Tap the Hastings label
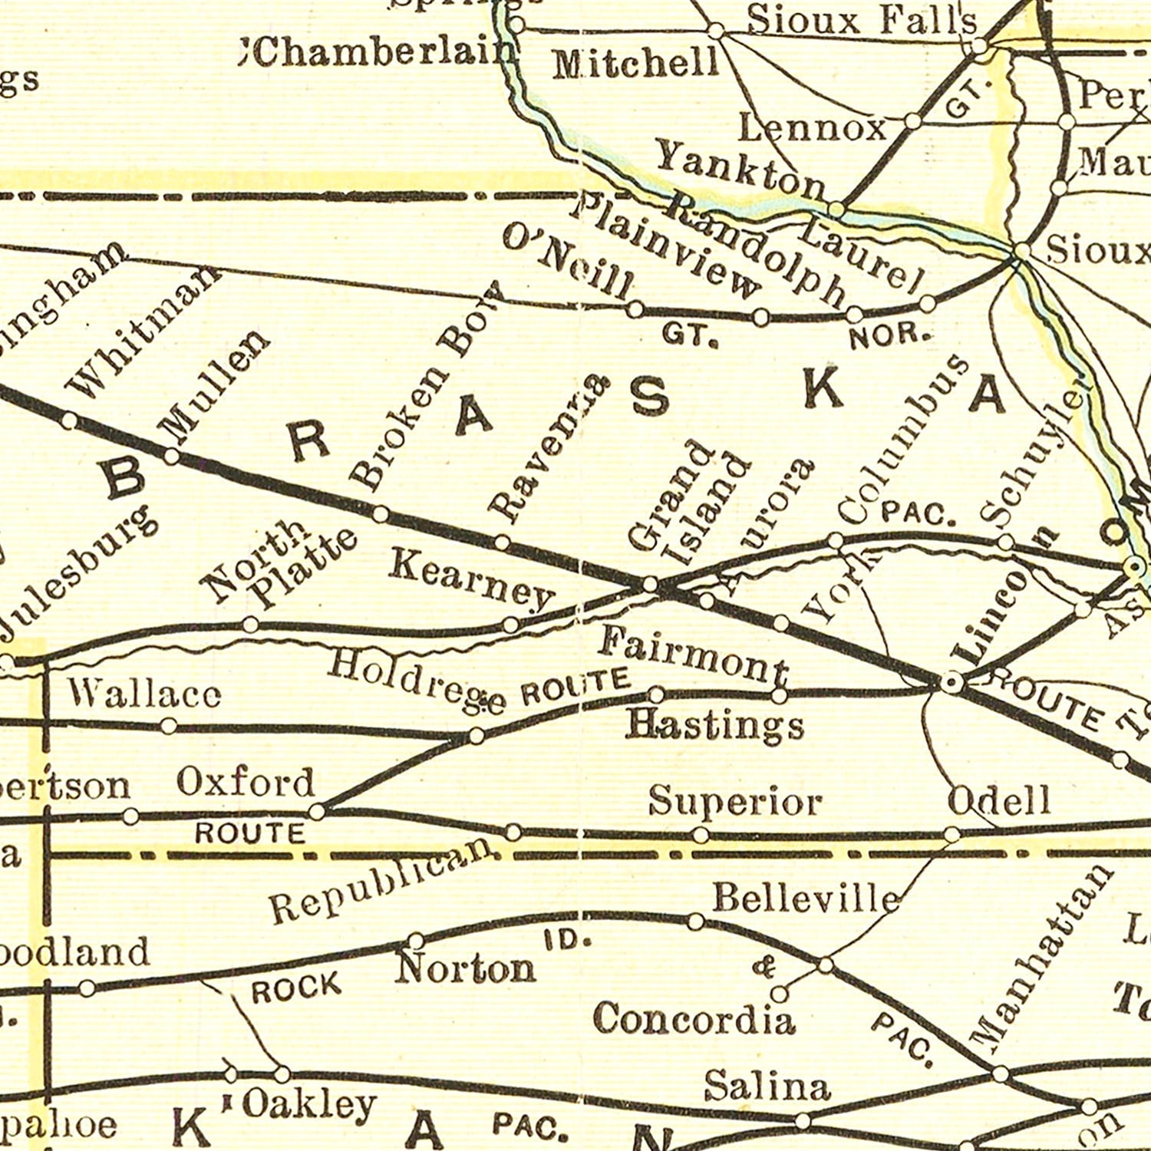pos(714,724)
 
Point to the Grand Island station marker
pos(650,585)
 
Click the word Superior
pos(734,803)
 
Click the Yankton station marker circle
pos(837,209)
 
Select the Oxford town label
pos(246,783)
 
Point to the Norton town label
pos(465,969)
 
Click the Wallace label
pos(144,694)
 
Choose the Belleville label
pos(806,898)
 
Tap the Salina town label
pos(767,1087)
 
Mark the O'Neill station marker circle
pos(635,309)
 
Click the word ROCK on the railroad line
pos(296,988)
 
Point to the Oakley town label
pos(308,1105)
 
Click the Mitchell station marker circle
pos(715,31)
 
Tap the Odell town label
pos(998,802)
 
